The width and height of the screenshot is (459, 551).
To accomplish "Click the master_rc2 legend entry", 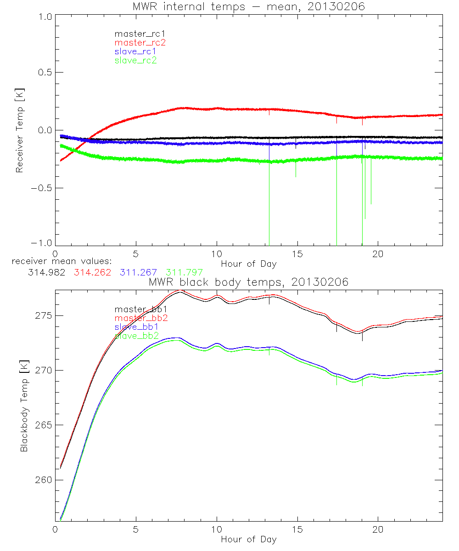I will (x=140, y=42).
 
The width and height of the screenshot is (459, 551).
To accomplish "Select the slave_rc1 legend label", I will (x=136, y=51).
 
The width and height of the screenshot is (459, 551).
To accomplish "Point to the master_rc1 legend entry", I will (x=140, y=34).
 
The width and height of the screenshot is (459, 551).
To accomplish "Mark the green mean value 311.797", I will (x=184, y=272).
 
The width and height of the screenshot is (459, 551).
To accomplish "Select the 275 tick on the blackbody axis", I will (x=41, y=316).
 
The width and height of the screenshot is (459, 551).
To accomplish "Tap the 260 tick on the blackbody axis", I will (x=41, y=480).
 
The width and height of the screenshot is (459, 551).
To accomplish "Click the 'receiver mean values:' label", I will (x=58, y=261).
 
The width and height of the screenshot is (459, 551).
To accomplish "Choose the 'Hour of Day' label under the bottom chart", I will (x=248, y=539).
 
